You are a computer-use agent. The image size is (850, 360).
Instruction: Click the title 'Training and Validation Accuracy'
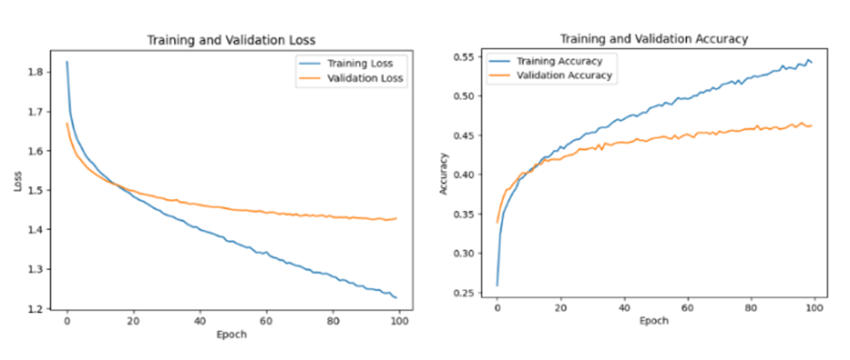click(653, 38)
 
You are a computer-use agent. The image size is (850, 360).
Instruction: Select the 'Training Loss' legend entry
click(359, 63)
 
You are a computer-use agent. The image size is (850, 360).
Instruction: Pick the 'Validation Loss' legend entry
click(364, 78)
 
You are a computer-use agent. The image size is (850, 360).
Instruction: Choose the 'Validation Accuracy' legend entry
click(564, 75)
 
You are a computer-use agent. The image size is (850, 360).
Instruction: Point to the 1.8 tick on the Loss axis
click(39, 72)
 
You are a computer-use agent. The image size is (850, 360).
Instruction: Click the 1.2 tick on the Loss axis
click(39, 309)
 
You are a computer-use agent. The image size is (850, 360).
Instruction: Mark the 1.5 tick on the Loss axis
click(39, 190)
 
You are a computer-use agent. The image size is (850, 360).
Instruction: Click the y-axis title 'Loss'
click(18, 182)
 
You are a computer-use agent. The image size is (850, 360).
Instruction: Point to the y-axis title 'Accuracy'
click(444, 174)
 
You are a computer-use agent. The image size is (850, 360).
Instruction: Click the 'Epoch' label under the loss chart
click(232, 334)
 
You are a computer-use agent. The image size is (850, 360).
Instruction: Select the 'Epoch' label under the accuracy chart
click(653, 321)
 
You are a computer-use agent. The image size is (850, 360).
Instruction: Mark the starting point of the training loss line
click(66, 62)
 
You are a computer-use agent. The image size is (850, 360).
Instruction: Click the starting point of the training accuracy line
click(497, 284)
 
